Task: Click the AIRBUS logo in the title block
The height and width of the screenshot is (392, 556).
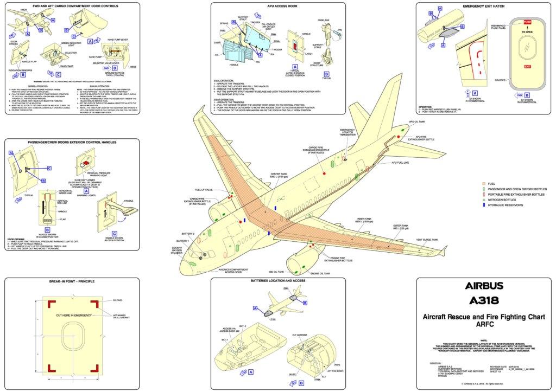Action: tap(484, 286)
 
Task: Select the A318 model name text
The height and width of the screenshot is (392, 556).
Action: tap(484, 300)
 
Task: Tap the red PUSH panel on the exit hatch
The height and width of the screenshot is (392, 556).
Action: tap(526, 22)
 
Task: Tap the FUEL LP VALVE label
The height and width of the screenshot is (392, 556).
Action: tap(204, 190)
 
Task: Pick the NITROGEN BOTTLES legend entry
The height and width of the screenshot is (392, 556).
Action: tap(501, 200)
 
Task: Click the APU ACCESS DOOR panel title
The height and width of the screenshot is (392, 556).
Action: tap(277, 7)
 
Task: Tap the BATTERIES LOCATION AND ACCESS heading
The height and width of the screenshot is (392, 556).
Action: tap(277, 281)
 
